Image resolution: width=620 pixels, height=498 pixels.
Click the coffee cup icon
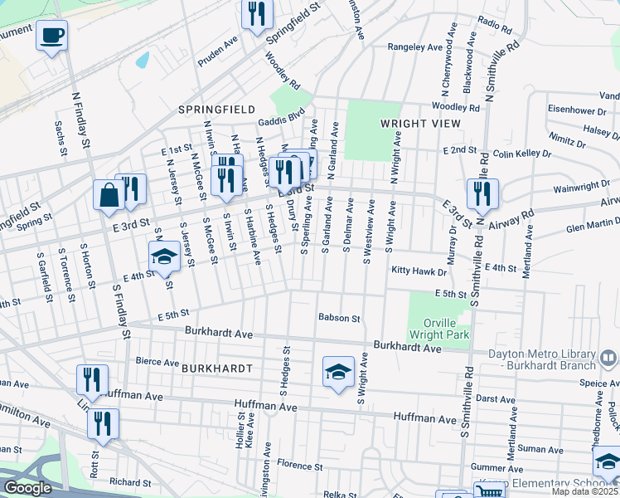(51, 36)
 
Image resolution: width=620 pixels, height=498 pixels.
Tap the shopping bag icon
(109, 196)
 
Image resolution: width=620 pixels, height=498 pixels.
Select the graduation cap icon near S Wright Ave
(338, 373)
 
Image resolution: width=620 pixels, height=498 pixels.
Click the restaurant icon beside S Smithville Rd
(482, 194)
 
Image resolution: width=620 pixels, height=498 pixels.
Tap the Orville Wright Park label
(439, 329)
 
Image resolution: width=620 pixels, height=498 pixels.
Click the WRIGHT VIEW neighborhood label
(419, 123)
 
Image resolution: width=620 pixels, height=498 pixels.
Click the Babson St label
(340, 318)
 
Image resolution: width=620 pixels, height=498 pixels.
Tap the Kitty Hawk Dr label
(419, 271)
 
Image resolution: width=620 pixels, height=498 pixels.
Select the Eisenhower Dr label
(584, 110)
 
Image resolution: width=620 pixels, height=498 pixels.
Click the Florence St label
(298, 463)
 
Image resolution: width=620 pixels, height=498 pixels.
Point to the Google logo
(27, 488)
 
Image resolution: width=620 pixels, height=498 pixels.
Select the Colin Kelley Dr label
(522, 154)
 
